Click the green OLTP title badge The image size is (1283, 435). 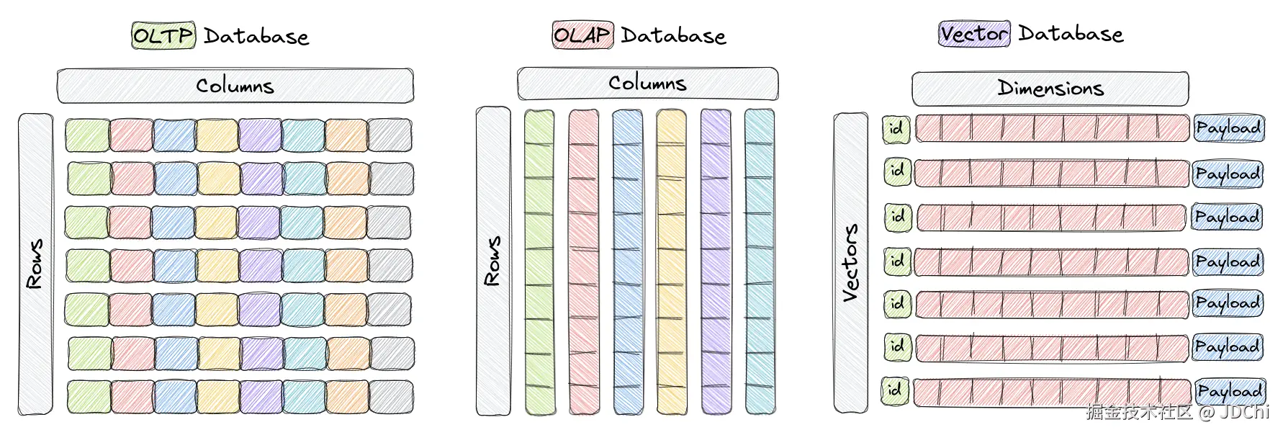tap(163, 35)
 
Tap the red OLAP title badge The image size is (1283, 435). tap(582, 35)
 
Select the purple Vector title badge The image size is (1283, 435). tap(974, 34)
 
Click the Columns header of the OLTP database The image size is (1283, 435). tap(235, 86)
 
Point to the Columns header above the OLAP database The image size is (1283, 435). tap(647, 83)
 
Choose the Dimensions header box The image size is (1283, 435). tap(1050, 89)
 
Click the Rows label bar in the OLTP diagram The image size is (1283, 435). tap(35, 264)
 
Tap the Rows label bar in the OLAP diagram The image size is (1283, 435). tap(493, 261)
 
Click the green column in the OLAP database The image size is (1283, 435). tap(539, 262)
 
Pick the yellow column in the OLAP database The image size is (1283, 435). tap(671, 262)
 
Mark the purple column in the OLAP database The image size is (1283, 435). tap(716, 262)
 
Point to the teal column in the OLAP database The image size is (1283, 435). tap(760, 262)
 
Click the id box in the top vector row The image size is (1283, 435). tap(896, 129)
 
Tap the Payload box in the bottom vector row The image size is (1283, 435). tap(1230, 391)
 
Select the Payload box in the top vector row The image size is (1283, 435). tap(1228, 128)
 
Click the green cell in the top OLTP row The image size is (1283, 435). tap(87, 135)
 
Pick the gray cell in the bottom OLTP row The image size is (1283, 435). tap(392, 397)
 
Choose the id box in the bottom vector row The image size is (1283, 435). tap(895, 390)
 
